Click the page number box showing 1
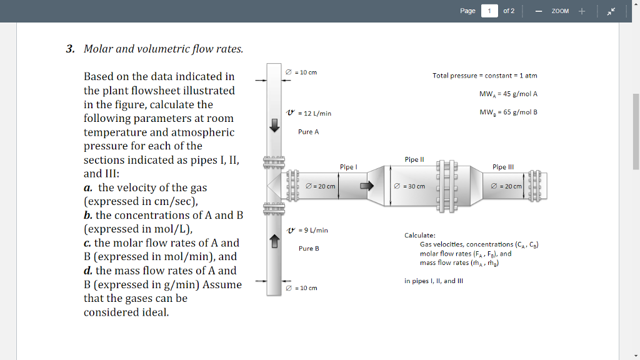point(489,11)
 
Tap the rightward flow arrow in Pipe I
point(367,186)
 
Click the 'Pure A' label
point(309,132)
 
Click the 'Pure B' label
point(309,249)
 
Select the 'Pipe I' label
point(348,167)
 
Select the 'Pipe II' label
point(414,159)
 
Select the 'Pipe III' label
point(503,167)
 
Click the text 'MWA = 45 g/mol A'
point(508,94)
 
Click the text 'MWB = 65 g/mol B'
point(508,112)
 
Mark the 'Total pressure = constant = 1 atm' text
point(484,76)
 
